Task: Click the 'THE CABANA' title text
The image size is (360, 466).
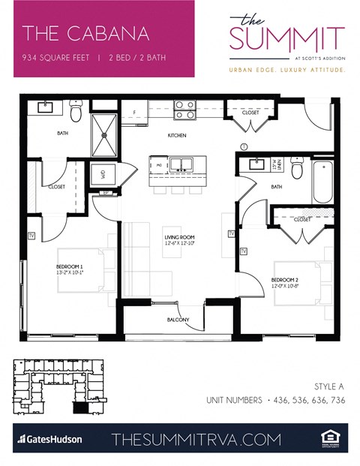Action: [x=85, y=34]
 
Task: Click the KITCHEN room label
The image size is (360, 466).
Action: [x=176, y=136]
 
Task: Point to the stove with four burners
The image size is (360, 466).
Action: [x=184, y=110]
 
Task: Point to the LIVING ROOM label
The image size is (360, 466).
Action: [x=179, y=239]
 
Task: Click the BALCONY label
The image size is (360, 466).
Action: [x=178, y=320]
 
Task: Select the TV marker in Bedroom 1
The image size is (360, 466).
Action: [x=31, y=235]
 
